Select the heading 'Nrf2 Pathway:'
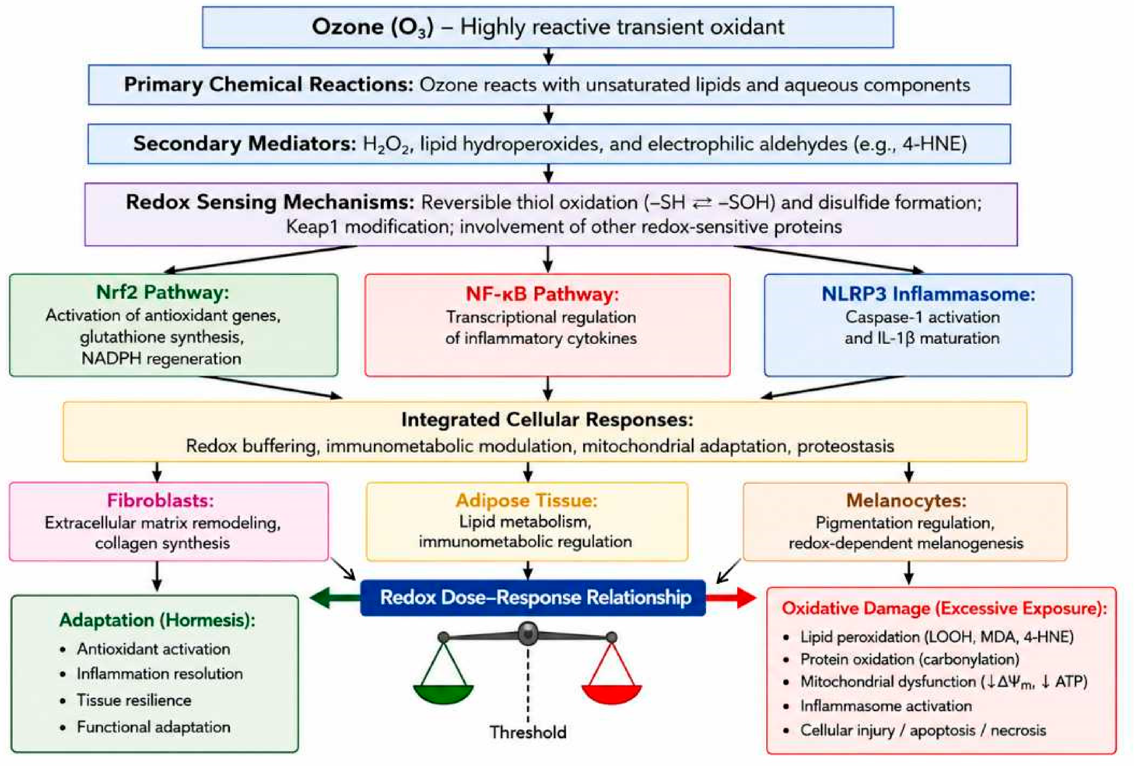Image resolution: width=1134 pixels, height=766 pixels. point(162,292)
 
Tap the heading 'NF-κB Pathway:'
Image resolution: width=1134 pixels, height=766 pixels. point(542,294)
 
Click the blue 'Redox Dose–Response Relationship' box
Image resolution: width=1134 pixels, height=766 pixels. point(533,598)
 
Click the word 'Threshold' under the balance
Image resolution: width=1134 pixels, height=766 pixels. point(528,732)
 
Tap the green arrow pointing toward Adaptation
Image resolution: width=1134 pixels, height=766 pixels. point(335,598)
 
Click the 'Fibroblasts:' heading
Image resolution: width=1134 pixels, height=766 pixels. point(160,500)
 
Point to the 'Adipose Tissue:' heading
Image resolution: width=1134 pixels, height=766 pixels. point(527,500)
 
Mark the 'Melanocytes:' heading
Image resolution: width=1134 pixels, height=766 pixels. point(906,500)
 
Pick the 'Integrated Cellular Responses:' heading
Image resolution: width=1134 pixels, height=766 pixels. point(547,420)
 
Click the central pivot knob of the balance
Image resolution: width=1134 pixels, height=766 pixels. point(528,633)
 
